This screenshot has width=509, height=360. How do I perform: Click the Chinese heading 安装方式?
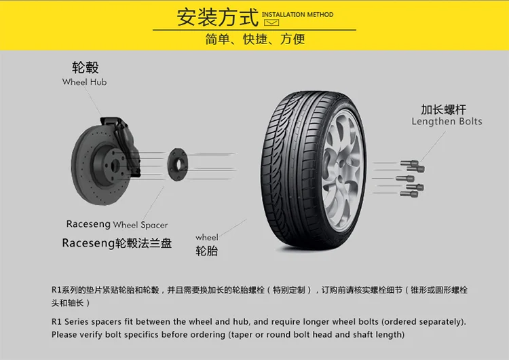(216, 16)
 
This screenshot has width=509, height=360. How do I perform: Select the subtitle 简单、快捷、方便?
(254, 39)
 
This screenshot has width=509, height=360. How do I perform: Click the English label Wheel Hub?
(84, 82)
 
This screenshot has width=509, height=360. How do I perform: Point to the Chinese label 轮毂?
(85, 67)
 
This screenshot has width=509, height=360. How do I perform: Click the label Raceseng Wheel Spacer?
(117, 224)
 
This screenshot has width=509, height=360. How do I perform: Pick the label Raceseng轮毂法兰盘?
(117, 243)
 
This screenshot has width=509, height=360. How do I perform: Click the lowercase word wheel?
(207, 237)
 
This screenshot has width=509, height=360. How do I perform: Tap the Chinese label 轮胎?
(207, 251)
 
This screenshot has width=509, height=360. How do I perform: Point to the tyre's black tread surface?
(286, 163)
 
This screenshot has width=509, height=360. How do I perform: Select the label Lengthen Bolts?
(447, 122)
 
